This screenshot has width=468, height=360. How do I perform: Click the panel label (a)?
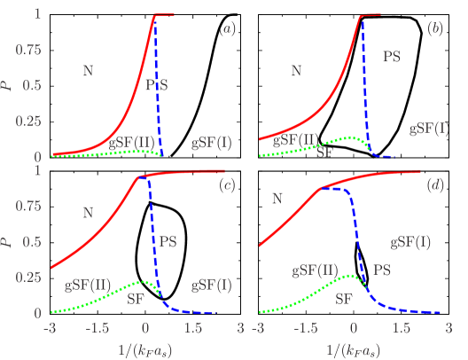coord(228,29)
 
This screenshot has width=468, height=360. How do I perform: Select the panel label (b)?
coord(435,29)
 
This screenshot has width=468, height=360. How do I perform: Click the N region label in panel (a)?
coord(87,70)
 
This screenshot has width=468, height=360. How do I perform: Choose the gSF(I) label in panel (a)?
coord(212,142)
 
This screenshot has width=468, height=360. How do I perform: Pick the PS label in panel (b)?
coord(391,56)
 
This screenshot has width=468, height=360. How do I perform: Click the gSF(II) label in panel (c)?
coord(87,286)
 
